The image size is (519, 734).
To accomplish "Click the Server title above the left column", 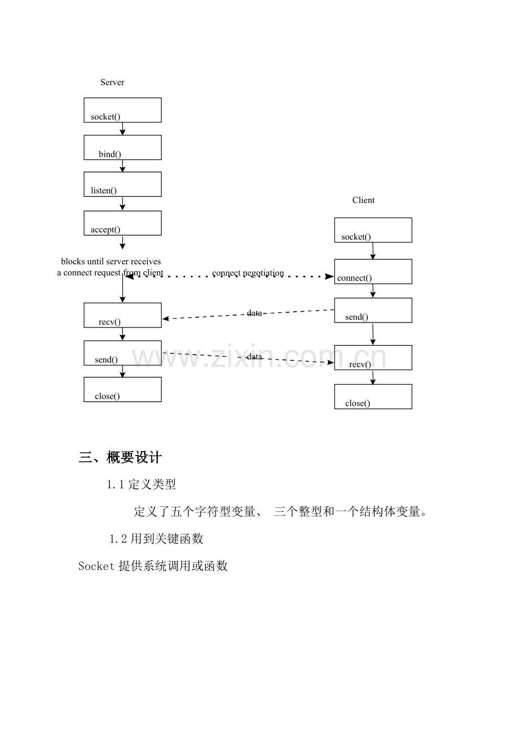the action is [112, 82].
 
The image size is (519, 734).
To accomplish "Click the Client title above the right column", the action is [363, 200].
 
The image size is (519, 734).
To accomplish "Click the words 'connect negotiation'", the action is [248, 273].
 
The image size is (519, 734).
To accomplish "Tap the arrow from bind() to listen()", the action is [122, 166].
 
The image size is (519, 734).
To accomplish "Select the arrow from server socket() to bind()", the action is [122, 129].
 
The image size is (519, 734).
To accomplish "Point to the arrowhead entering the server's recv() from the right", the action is [165, 319].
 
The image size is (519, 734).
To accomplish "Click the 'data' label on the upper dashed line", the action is [254, 313].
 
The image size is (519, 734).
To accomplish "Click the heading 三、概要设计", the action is [120, 457].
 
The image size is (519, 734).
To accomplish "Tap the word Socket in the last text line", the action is [96, 566].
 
